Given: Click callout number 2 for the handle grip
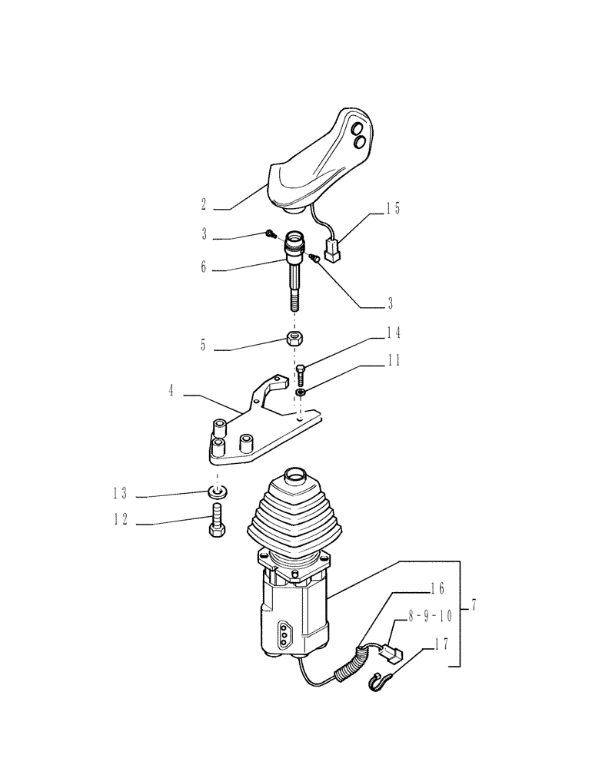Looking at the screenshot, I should (x=203, y=206).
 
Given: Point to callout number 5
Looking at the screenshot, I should (x=203, y=346).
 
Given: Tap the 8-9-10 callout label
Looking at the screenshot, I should (x=431, y=616).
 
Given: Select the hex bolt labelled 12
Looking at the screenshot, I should (x=215, y=523).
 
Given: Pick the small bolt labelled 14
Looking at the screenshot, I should (x=301, y=376).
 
